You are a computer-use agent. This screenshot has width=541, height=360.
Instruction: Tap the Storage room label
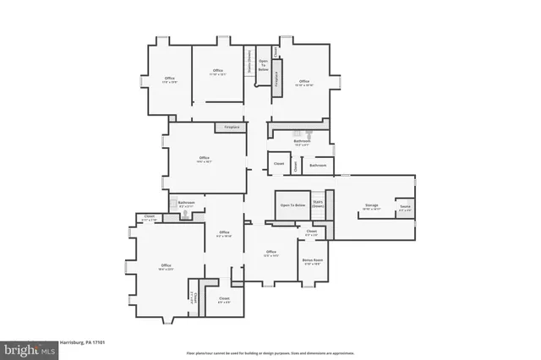[372, 205]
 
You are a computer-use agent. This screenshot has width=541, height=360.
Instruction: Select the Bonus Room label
[312, 262]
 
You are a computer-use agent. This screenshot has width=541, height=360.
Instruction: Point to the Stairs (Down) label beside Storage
[318, 204]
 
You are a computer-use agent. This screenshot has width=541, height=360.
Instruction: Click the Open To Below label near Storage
[292, 205]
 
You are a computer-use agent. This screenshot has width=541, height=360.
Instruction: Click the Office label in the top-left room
[169, 80]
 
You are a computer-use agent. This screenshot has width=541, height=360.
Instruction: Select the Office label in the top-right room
[304, 82]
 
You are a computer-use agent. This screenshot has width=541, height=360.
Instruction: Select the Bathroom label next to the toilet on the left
[187, 203]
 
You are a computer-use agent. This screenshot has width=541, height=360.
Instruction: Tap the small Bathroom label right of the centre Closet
[318, 165]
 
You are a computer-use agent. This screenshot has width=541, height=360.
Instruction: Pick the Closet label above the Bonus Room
[311, 232]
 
